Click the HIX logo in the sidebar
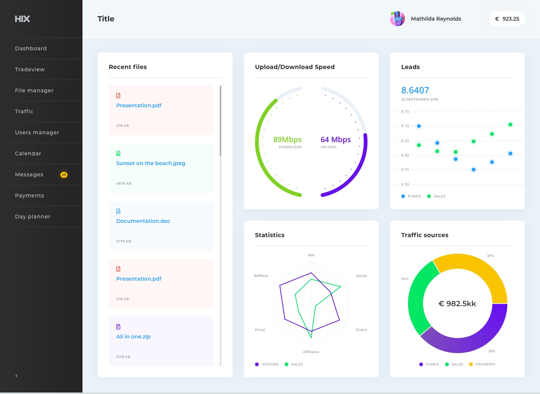pyautogui.click(x=22, y=19)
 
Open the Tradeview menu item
pyautogui.click(x=30, y=69)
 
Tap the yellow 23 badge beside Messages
pyautogui.click(x=64, y=175)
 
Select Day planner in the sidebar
pyautogui.click(x=33, y=217)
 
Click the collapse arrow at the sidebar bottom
pyautogui.click(x=16, y=376)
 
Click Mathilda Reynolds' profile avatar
pyautogui.click(x=397, y=19)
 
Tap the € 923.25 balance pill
pyautogui.click(x=507, y=19)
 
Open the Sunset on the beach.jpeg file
pyautogui.click(x=150, y=163)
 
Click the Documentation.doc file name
pyautogui.click(x=143, y=221)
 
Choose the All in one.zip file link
pyautogui.click(x=133, y=337)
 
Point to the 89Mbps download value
pyautogui.click(x=287, y=140)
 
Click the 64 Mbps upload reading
pyautogui.click(x=336, y=140)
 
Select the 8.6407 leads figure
pyautogui.click(x=415, y=90)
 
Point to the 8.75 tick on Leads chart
pyautogui.click(x=405, y=112)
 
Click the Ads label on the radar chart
pyautogui.click(x=311, y=255)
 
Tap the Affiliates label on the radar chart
pyautogui.click(x=311, y=352)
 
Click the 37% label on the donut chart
pyautogui.click(x=490, y=256)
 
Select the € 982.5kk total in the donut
pyautogui.click(x=457, y=304)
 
